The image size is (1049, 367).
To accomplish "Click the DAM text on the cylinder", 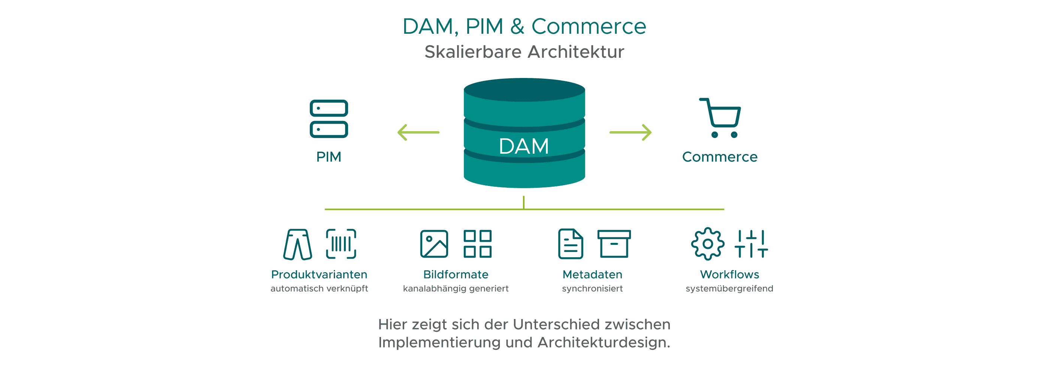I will point(524,146).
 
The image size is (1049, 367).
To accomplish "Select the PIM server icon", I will point(329,119).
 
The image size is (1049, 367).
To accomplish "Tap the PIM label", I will point(329,157).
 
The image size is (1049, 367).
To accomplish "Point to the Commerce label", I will point(720,157).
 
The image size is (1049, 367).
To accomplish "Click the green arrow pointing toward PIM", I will point(418,132).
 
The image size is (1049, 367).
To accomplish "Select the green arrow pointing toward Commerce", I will point(631,132).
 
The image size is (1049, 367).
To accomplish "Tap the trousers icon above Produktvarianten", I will point(298,244).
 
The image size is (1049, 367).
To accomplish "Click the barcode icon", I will point(341,244).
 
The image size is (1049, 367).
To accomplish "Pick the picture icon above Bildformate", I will point(434,244).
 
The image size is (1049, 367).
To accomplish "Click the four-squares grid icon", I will point(477,244).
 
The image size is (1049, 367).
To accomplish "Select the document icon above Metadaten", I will point(570,244).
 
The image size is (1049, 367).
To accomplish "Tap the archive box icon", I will point(614,244).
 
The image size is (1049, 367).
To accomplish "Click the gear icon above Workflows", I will point(708,244).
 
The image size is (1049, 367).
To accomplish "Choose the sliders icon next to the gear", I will point(751,244).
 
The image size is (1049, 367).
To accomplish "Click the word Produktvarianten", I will point(319,274).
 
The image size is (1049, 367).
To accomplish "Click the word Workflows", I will point(729,274).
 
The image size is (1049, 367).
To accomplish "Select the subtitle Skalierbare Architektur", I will point(524,52).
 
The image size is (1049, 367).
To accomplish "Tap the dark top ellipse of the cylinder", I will point(524,90).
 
